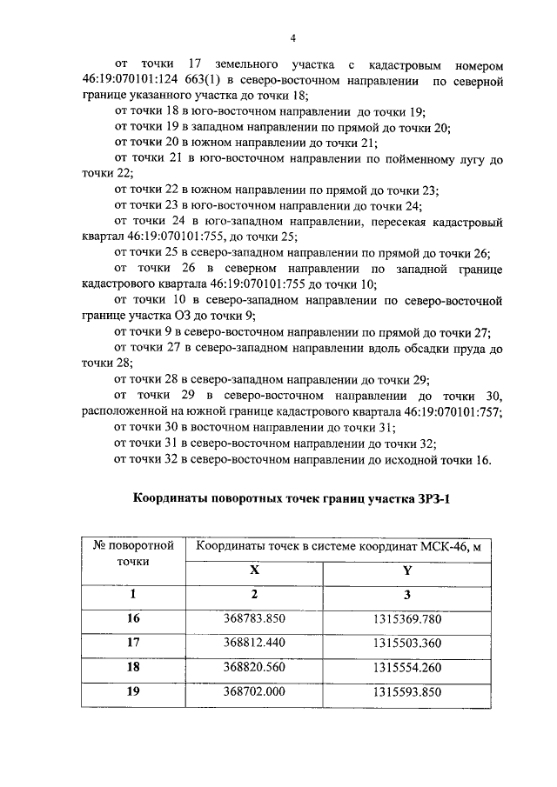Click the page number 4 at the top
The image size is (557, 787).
point(293,37)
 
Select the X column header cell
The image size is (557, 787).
point(254,570)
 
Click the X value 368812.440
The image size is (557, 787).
point(254,643)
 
